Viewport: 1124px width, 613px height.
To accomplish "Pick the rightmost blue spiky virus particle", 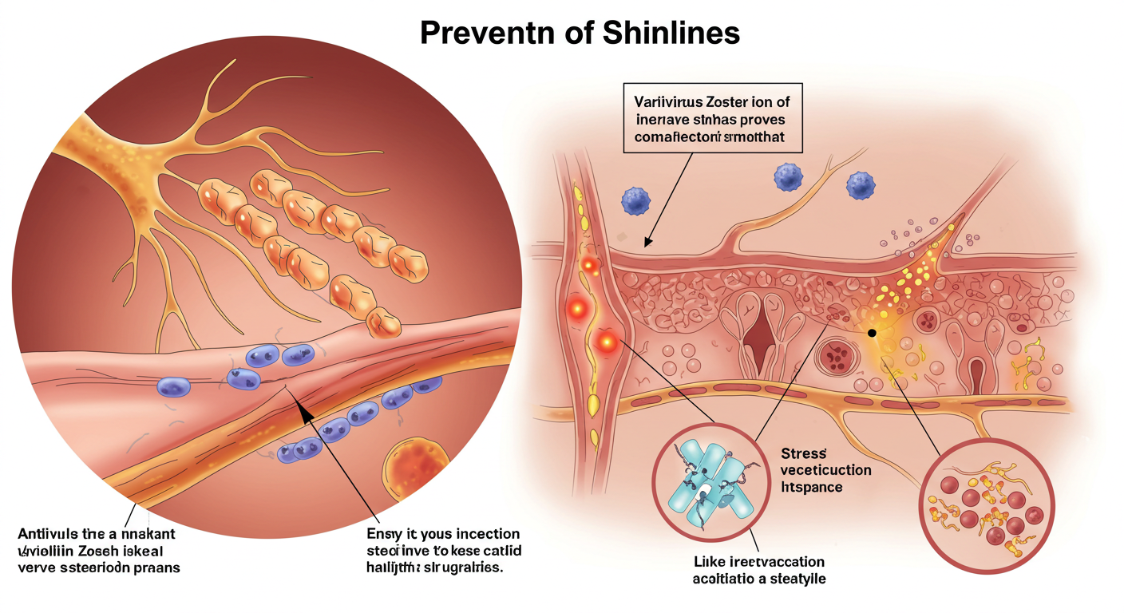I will point(861,185).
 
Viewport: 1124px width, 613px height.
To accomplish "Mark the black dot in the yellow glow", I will point(871,332).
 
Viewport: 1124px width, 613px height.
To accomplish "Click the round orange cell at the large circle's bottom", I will point(415,471).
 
